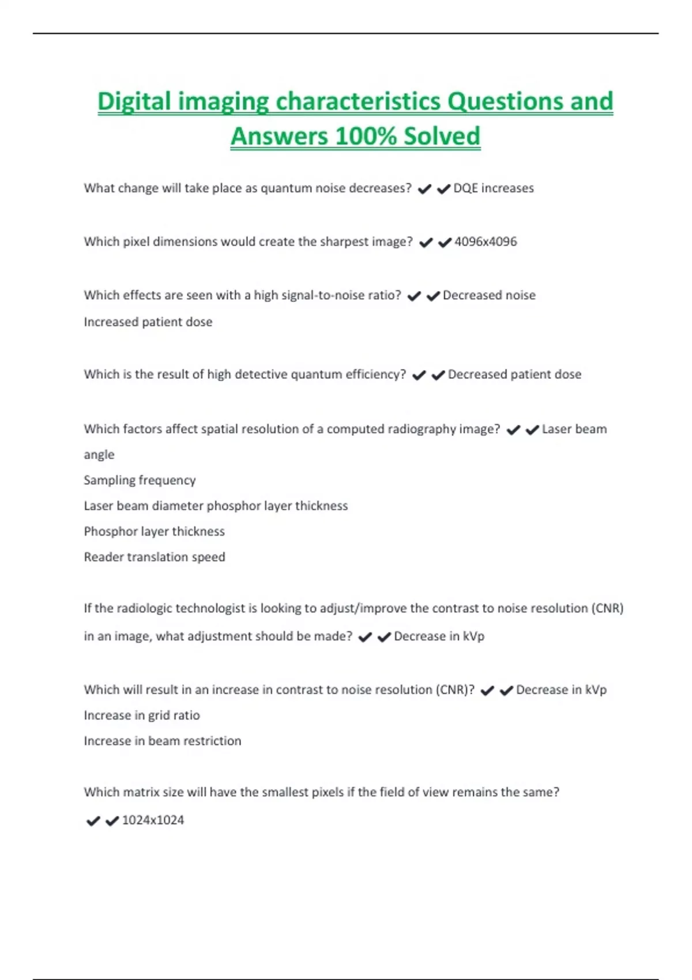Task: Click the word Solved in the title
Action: pos(442,137)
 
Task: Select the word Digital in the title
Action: pos(134,102)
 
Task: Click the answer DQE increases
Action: pos(494,189)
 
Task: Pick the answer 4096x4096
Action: pos(486,242)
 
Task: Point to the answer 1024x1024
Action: pos(153,820)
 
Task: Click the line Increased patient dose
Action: pos(148,322)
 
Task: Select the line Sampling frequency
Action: pos(140,480)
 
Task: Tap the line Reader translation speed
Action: pos(154,557)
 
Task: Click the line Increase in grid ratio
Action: pos(142,715)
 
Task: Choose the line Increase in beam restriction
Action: pos(162,741)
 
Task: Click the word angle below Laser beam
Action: pos(99,455)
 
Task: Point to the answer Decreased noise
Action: pos(489,296)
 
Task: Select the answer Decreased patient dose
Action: pos(514,375)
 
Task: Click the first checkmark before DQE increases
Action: pos(424,189)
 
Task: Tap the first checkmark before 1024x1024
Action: pos(93,821)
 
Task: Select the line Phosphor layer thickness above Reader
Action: pos(154,532)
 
